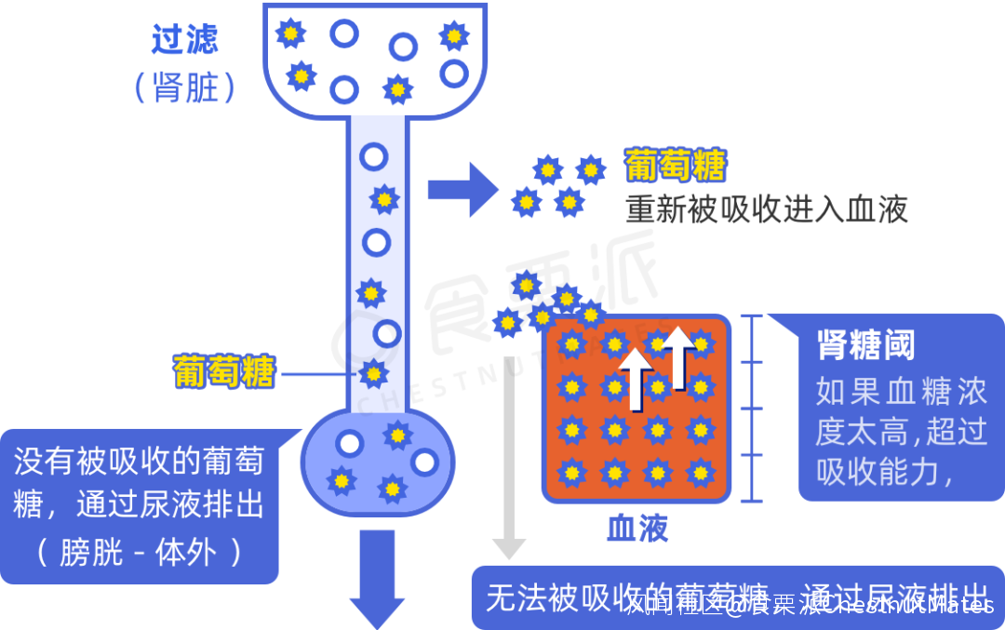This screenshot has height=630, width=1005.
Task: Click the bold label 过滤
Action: click(x=185, y=39)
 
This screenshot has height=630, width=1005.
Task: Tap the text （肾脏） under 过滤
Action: click(x=184, y=87)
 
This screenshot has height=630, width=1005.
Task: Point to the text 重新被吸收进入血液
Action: click(x=767, y=209)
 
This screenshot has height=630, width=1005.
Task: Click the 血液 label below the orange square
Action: click(x=637, y=529)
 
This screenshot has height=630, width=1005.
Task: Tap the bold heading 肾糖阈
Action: click(x=865, y=344)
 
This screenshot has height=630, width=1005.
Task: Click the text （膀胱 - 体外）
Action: click(x=140, y=553)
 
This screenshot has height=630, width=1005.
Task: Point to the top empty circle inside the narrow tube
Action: click(x=374, y=156)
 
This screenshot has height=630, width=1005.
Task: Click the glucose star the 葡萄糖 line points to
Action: click(x=373, y=374)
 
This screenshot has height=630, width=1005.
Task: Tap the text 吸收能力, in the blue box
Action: click(x=884, y=473)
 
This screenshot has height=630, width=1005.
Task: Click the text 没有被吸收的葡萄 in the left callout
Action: click(x=140, y=461)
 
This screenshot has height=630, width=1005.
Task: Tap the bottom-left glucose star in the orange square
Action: click(x=571, y=473)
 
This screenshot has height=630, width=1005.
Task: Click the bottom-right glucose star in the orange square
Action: click(x=700, y=473)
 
